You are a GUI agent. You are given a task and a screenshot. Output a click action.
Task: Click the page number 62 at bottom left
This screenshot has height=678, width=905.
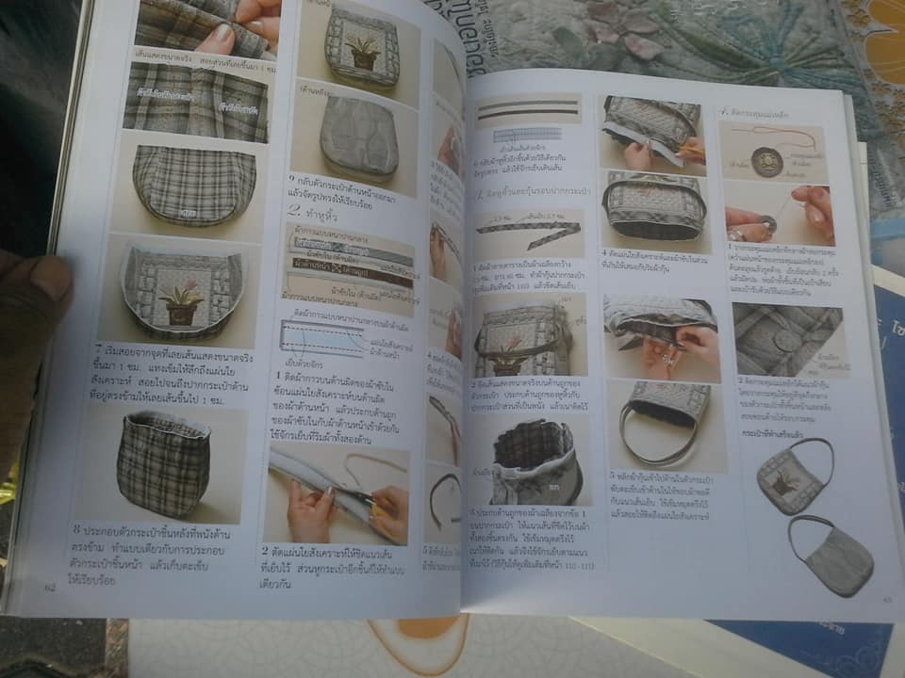click(50, 589)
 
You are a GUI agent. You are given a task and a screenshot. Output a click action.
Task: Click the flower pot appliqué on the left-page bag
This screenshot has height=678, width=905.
click(181, 303)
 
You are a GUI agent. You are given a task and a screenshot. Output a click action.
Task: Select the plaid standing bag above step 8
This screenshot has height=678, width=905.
click(162, 461)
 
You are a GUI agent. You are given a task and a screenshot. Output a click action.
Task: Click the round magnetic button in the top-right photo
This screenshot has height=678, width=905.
click(766, 161)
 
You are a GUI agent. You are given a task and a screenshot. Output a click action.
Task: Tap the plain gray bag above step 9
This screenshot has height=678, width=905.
click(358, 139)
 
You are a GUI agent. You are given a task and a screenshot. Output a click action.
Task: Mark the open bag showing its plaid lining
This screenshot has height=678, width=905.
click(535, 461)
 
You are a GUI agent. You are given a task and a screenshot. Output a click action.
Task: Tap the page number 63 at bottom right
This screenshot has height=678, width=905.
click(887, 599)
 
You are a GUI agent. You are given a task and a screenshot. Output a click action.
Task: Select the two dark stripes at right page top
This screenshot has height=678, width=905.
click(528, 110)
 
